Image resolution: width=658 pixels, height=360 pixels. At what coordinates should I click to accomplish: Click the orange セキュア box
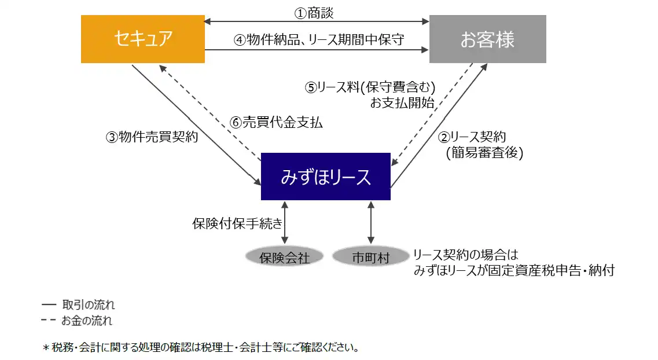[x=143, y=39]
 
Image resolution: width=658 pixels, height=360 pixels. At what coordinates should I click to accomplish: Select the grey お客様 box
[x=487, y=39]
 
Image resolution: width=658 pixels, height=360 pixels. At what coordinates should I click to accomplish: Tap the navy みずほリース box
[x=325, y=177]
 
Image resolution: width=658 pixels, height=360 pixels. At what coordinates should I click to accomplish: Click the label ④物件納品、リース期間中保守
[x=319, y=40]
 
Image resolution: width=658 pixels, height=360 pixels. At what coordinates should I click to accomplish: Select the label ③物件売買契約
[x=152, y=137]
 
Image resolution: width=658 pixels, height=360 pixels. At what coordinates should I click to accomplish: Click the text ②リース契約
[x=472, y=137]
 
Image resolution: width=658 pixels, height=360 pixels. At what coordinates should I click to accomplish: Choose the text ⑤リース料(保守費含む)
[x=370, y=87]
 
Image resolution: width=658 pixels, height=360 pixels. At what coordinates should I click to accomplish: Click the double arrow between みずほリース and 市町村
[x=371, y=223]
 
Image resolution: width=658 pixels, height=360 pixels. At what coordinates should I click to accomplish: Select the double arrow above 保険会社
[x=285, y=223]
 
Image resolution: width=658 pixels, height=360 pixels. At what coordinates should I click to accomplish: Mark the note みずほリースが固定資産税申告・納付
[x=514, y=270]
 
